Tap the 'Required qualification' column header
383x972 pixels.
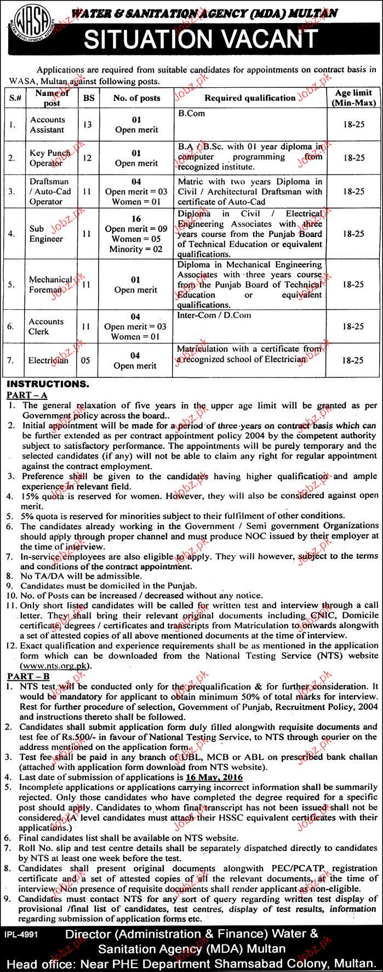[x=250, y=98]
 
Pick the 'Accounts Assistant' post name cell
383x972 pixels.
[x=47, y=125]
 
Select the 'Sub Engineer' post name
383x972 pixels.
[x=47, y=234]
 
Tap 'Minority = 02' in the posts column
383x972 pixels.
[x=136, y=249]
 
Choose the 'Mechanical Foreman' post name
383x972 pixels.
[x=49, y=284]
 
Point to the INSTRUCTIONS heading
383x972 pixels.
[x=47, y=384]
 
